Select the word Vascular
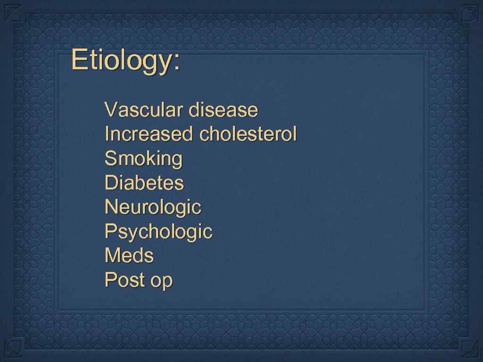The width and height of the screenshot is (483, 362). point(144,110)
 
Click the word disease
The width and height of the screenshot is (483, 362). point(223,110)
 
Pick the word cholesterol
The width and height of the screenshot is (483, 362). point(248,134)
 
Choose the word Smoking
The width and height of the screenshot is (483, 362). point(143,159)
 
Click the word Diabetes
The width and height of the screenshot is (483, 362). point(144,182)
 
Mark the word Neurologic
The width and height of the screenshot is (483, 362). point(153,207)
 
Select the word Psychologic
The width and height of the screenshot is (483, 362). point(158,231)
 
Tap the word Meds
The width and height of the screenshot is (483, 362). point(129,255)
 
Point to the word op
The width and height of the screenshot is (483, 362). point(162,281)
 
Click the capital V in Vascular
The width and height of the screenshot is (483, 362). point(110,110)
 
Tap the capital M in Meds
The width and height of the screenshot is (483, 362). point(112,255)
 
